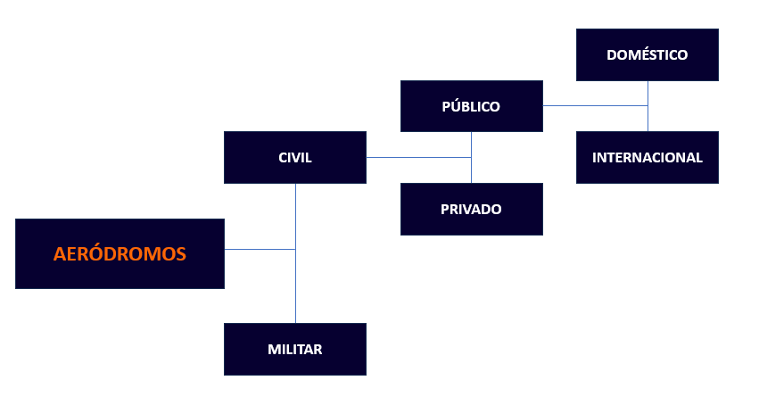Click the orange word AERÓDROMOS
tap(120, 254)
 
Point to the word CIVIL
tap(295, 158)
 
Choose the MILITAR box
tap(250, 360)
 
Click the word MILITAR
tap(295, 350)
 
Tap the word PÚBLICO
tap(471, 106)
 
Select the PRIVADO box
tap(424, 222)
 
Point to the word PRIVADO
tap(471, 210)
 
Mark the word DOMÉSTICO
tap(648, 54)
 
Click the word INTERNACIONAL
tap(648, 158)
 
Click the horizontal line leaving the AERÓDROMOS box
tap(260, 249)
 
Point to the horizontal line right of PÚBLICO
tap(594, 105)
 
